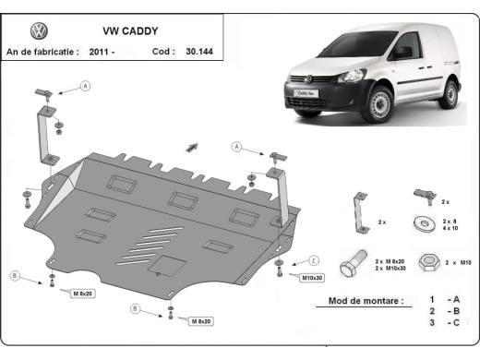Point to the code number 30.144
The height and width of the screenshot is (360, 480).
click(x=198, y=52)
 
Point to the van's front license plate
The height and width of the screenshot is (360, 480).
click(x=306, y=93)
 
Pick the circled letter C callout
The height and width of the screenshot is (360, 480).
click(x=314, y=260)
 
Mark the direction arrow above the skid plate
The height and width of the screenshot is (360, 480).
click(x=192, y=146)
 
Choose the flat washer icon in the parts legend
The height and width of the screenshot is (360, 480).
click(x=426, y=222)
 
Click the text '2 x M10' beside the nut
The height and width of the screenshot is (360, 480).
click(x=459, y=263)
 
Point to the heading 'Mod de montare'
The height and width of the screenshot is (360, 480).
click(x=366, y=301)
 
